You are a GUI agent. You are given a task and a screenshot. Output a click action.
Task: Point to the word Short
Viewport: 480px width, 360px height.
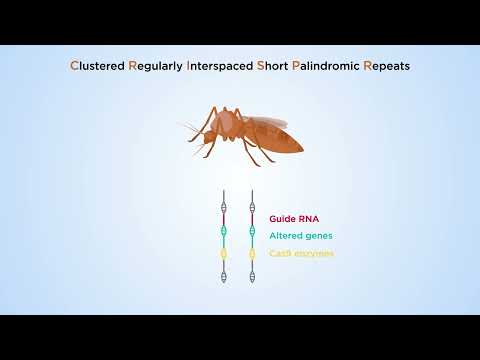pyautogui.click(x=274, y=67)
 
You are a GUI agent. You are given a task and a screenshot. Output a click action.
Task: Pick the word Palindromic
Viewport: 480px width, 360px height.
pyautogui.click(x=328, y=67)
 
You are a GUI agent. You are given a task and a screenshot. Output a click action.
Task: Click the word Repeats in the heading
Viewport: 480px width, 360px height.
pyautogui.click(x=388, y=67)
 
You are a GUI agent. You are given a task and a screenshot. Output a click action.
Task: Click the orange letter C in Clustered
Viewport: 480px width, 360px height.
pyautogui.click(x=74, y=67)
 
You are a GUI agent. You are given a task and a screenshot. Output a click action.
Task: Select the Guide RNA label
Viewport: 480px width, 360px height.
pyautogui.click(x=295, y=216)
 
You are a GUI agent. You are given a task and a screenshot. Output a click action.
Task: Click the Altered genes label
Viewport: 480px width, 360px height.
pyautogui.click(x=301, y=235)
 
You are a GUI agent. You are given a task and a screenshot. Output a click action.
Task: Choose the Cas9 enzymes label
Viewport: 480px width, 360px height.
pyautogui.click(x=301, y=254)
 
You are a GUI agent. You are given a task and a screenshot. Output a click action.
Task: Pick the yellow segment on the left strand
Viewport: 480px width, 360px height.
pyautogui.click(x=225, y=253)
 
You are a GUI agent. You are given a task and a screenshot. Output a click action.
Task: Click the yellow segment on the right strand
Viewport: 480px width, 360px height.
pyautogui.click(x=251, y=253)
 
